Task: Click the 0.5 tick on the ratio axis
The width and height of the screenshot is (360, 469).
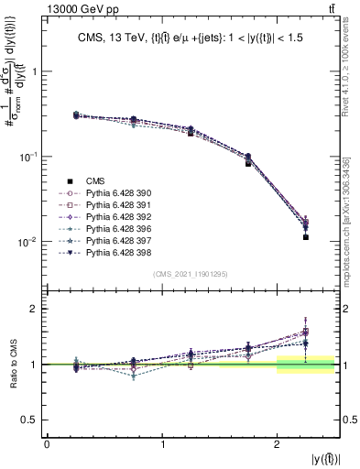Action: point(31,420)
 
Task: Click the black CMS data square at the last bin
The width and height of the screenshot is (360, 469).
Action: point(305,237)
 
